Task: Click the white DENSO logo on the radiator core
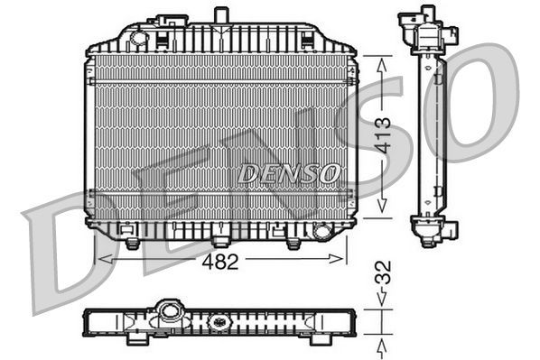point(289,172)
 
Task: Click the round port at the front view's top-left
point(138,38)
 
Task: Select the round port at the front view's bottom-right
point(321,232)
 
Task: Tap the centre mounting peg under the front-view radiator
point(219,242)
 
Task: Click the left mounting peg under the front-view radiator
point(132,244)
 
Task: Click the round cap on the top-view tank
point(168,313)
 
